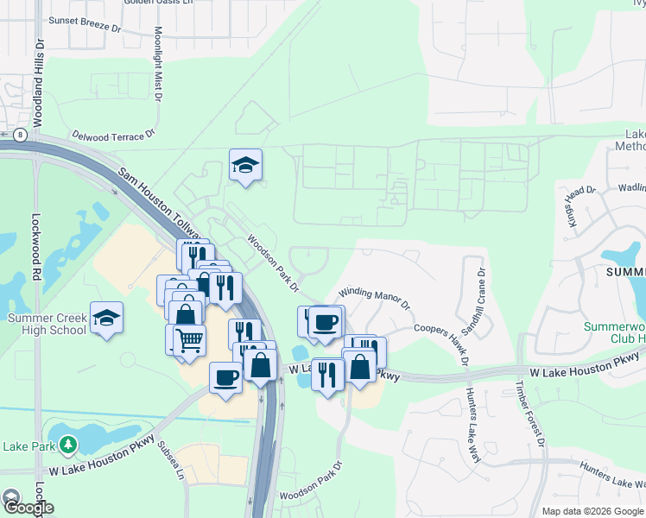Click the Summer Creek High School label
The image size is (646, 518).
(47, 324)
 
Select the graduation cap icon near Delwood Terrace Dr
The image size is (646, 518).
(245, 165)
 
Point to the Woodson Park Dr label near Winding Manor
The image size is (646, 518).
(273, 262)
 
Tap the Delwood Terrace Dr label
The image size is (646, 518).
(112, 135)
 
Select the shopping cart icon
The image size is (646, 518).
(189, 339)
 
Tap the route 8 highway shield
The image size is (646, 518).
(19, 134)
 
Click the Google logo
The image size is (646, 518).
(28, 507)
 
